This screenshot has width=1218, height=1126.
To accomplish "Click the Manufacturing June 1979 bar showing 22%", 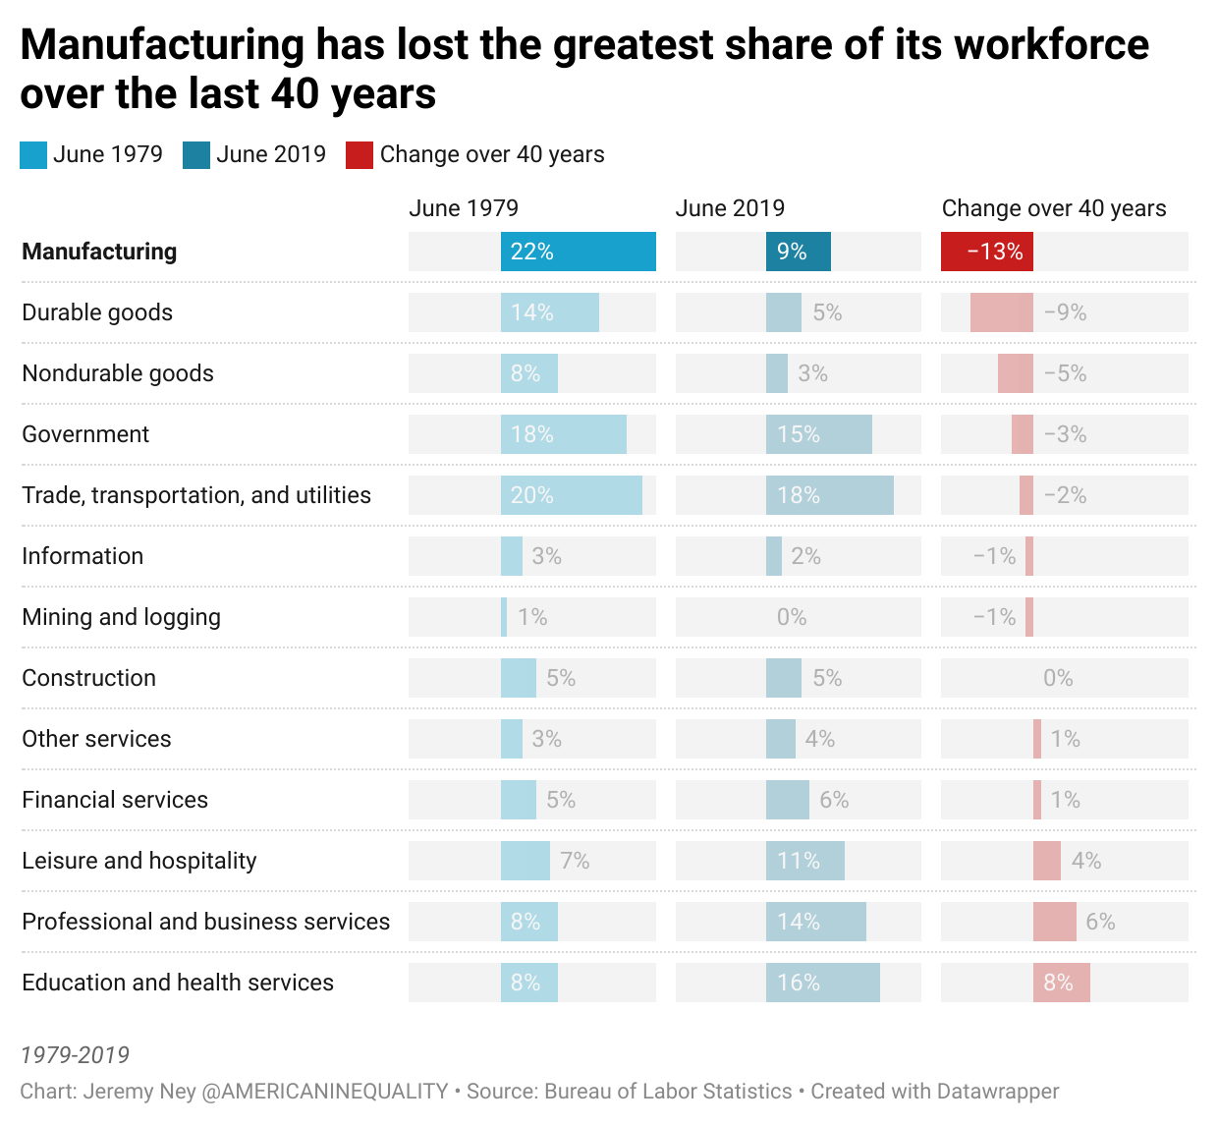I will click(x=578, y=252).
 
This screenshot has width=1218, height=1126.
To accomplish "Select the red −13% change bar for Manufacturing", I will click(x=986, y=252).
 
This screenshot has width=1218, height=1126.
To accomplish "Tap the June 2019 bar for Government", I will click(x=818, y=434).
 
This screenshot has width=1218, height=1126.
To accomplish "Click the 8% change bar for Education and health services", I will click(x=1061, y=983).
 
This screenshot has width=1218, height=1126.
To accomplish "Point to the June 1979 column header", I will click(x=463, y=208).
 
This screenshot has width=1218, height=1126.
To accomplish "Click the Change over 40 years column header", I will click(x=1053, y=208).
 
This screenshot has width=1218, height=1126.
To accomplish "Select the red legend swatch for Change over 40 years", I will click(x=360, y=155).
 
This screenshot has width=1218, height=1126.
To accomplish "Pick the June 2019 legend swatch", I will click(x=196, y=155).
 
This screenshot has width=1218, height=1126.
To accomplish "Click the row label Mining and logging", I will click(x=121, y=617).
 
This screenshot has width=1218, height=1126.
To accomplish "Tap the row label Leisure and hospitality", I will click(x=138, y=861).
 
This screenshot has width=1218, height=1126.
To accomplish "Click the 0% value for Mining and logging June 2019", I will click(x=791, y=617).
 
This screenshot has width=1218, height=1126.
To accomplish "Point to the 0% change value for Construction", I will click(x=1058, y=678).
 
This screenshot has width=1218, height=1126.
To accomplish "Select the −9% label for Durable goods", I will click(x=1065, y=312).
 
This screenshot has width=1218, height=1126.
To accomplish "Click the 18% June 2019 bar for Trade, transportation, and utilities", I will click(x=829, y=495).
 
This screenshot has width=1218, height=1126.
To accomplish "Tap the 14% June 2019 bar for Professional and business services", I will click(x=815, y=922).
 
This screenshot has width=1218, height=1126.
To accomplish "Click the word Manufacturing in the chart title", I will click(x=162, y=45).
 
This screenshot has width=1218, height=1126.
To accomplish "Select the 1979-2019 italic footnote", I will click(x=75, y=1055).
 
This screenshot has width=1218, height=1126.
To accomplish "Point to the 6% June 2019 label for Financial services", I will click(x=834, y=800).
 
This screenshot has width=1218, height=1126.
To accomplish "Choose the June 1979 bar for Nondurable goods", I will click(x=528, y=373).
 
